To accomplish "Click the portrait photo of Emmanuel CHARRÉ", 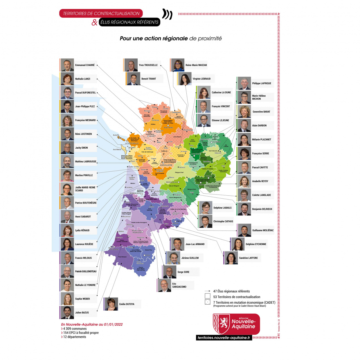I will pyautogui.click(x=67, y=65).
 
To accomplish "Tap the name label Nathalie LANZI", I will pyautogui.click(x=82, y=79).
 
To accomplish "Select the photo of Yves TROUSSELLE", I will pyautogui.click(x=131, y=65).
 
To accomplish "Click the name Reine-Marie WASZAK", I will pyautogui.click(x=196, y=65).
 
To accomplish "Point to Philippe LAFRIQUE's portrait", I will pyautogui.click(x=244, y=83).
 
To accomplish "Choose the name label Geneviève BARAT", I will pyautogui.click(x=261, y=112).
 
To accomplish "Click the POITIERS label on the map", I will pyautogui.click(x=168, y=128).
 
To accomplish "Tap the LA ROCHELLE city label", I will pyautogui.click(x=132, y=143).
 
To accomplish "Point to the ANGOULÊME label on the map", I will pyautogui.click(x=166, y=165).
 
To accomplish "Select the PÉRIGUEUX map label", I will pyautogui.click(x=171, y=182).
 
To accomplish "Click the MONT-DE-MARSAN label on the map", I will pyautogui.click(x=137, y=232).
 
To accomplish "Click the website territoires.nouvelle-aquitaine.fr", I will pyautogui.click(x=224, y=338).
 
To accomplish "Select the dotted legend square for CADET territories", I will pyautogui.click(x=207, y=302).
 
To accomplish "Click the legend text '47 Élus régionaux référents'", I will pyautogui.click(x=231, y=291).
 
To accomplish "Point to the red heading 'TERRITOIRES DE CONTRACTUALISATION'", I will pyautogui.click(x=101, y=13).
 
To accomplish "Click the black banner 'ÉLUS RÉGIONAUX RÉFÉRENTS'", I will pyautogui.click(x=129, y=22).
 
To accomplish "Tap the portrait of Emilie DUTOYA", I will pyautogui.click(x=111, y=304).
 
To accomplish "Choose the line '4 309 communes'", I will pyautogui.click(x=75, y=329).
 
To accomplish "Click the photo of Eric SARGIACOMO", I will pyautogui.click(x=165, y=285).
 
